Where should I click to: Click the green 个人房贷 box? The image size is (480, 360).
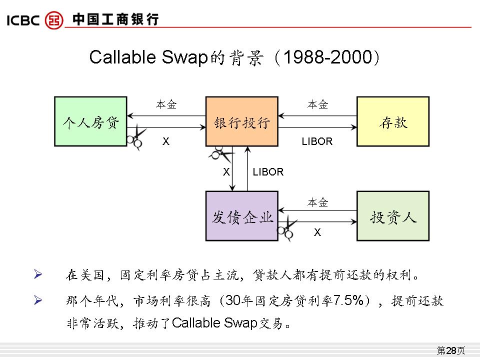coord(90,121)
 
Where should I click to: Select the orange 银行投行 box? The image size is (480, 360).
coord(242,121)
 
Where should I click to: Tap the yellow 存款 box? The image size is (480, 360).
coord(392,121)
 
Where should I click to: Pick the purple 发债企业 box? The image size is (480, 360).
coord(242,216)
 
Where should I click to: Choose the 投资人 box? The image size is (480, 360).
coord(392,216)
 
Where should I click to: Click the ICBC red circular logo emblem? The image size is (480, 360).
coord(54,20)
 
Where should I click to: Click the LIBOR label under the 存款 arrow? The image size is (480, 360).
coord(317,141)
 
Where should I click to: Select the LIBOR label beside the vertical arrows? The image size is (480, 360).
coord(268,172)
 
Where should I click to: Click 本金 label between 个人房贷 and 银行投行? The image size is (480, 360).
coord(166,104)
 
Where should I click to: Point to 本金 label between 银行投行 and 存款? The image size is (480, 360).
coord(317,104)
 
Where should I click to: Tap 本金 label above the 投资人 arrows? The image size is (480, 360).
coord(317,202)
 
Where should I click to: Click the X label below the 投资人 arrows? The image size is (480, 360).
coord(317,232)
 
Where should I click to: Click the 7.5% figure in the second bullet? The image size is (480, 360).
coord(350,301)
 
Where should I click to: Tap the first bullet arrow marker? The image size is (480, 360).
coord(38,274)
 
